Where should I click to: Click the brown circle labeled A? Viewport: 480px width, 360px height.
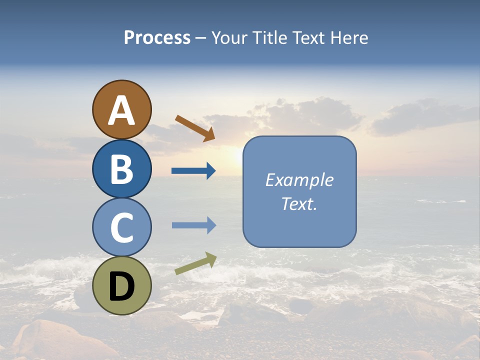point(121,109)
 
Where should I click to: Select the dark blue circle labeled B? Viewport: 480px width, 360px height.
point(121,168)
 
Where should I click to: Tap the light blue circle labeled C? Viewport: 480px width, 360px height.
point(121,227)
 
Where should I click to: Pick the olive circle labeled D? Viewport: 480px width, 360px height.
point(121,285)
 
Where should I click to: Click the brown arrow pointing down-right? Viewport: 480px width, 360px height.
point(195,128)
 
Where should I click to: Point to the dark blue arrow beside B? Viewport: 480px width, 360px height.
point(193,171)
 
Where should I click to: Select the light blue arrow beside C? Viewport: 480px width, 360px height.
point(193,225)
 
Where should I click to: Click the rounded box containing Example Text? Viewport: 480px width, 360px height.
point(299,191)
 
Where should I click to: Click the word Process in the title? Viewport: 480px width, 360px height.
point(157,38)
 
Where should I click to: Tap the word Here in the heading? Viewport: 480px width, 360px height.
point(349,38)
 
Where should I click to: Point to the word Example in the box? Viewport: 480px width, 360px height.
point(299,180)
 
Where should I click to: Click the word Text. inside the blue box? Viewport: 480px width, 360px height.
point(299,203)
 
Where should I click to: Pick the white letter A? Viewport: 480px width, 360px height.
point(121,110)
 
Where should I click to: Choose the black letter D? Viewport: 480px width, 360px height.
point(121,286)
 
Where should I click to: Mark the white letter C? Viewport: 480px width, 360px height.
point(121,227)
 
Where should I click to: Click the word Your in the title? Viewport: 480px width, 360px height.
point(230,38)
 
